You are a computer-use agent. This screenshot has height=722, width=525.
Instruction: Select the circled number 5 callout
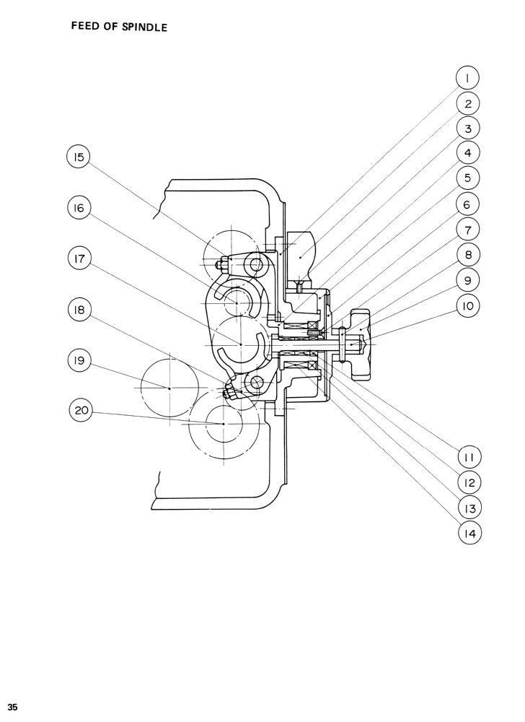pyautogui.click(x=467, y=178)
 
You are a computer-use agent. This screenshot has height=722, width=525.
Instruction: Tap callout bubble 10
pyautogui.click(x=467, y=305)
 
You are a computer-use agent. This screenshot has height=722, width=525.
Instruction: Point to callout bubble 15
pyautogui.click(x=79, y=157)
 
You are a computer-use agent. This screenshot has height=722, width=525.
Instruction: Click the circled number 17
pyautogui.click(x=79, y=259)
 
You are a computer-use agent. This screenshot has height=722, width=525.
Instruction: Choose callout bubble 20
pyautogui.click(x=81, y=411)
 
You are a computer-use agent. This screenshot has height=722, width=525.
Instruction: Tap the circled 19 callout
pyautogui.click(x=79, y=360)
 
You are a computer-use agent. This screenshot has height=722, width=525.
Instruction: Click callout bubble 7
pyautogui.click(x=467, y=230)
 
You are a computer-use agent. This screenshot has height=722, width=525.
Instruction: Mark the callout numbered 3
pyautogui.click(x=467, y=129)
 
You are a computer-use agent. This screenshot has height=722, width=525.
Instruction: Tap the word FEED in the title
pyautogui.click(x=84, y=27)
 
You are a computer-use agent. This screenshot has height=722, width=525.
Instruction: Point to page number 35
pyautogui.click(x=13, y=705)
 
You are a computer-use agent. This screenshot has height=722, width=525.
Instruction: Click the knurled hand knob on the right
pyautogui.click(x=361, y=345)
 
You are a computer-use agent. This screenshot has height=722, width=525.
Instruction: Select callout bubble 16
pyautogui.click(x=79, y=209)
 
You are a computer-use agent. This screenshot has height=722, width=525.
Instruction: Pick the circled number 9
pyautogui.click(x=467, y=280)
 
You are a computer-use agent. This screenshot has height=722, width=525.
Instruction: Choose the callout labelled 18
pyautogui.click(x=79, y=310)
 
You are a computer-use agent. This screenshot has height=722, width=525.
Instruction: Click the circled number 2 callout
pyautogui.click(x=467, y=103)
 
